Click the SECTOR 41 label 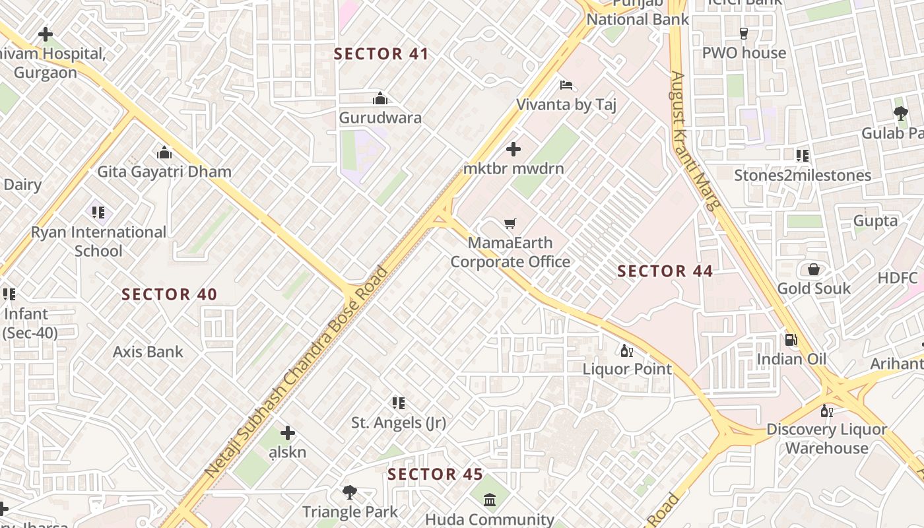click(381, 54)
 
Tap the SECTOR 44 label click(665, 271)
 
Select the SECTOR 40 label click(170, 295)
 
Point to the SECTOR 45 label click(435, 475)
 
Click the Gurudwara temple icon click(380, 99)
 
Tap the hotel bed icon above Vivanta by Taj click(566, 85)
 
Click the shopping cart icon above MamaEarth click(510, 224)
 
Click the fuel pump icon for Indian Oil click(791, 340)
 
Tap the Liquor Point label click(627, 369)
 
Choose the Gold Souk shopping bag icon click(814, 269)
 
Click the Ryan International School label click(98, 242)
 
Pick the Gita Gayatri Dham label click(164, 172)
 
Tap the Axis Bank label click(148, 352)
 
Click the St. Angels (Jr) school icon click(398, 403)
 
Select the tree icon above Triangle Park click(350, 492)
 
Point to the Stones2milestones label click(803, 176)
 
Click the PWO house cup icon click(744, 33)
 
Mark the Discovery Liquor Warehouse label click(826, 439)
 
